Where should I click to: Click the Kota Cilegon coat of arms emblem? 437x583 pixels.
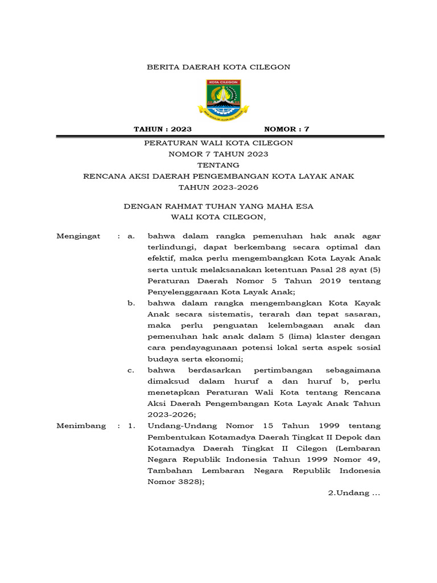point(218,98)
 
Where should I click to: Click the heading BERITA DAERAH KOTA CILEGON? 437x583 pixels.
point(218,67)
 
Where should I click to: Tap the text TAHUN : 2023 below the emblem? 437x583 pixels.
point(163,129)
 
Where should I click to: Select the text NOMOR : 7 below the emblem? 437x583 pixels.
point(287,129)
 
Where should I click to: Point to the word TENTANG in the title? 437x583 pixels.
point(218,165)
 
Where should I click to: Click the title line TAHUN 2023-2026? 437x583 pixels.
point(218,187)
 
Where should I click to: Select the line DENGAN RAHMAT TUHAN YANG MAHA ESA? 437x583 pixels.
point(218,206)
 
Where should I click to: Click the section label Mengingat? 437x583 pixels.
point(79,236)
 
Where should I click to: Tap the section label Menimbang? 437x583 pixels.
point(81,426)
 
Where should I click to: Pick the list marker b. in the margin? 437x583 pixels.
point(131,303)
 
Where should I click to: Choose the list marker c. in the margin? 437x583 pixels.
point(131,370)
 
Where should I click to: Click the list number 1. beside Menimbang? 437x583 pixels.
point(131,426)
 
